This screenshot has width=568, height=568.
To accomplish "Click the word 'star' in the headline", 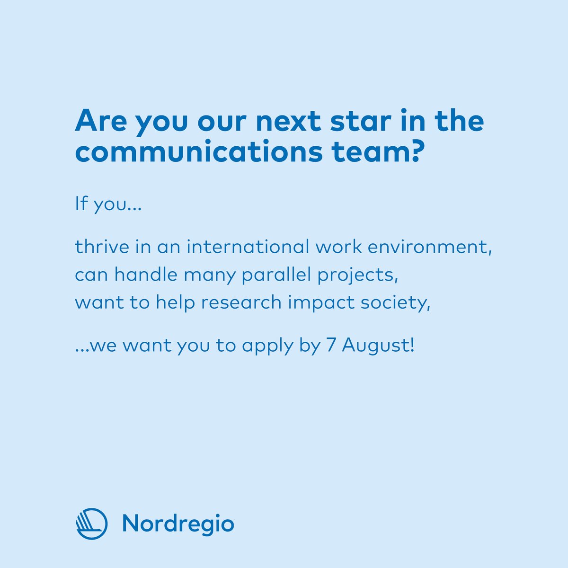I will (x=340, y=122).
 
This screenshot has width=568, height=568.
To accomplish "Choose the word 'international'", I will (x=247, y=247).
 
